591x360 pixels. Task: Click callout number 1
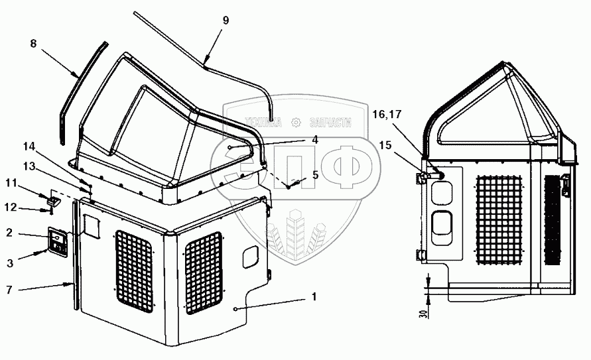click(314, 297)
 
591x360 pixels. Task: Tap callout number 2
click(9, 233)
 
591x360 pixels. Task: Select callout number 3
click(10, 263)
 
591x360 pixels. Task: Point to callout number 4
click(315, 140)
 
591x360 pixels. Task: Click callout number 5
click(315, 174)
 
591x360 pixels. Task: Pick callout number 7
click(9, 289)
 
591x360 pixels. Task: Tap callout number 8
click(33, 44)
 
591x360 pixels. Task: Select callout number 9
click(226, 20)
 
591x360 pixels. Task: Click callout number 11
click(11, 183)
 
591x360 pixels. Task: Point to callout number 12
click(11, 207)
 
